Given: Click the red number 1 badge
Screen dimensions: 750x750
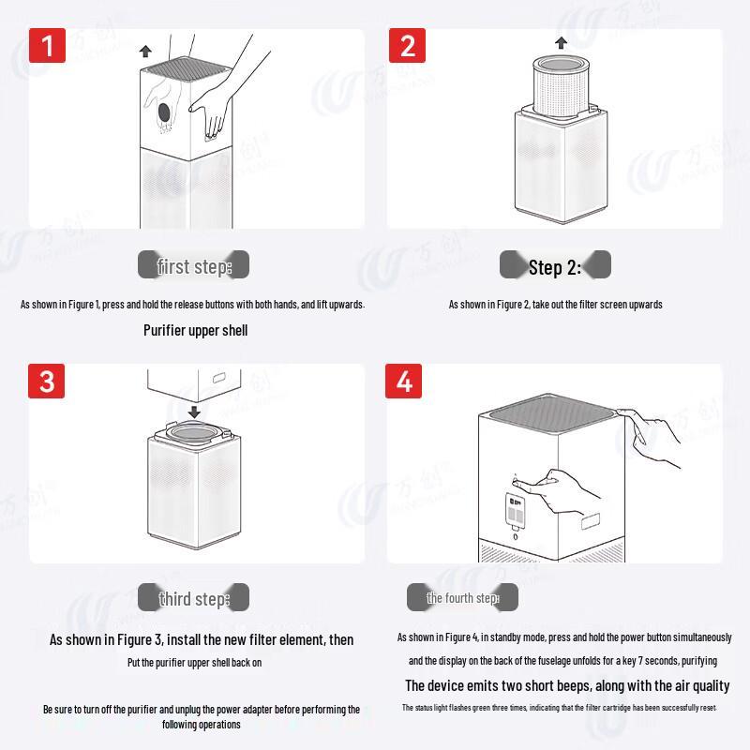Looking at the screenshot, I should [x=48, y=46].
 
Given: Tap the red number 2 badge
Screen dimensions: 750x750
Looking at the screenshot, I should [x=407, y=46].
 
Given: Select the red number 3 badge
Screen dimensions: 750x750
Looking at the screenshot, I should [x=48, y=382].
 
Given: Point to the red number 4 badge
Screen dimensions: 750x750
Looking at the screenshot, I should [x=405, y=382].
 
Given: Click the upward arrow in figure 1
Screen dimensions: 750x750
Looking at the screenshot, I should [x=144, y=51].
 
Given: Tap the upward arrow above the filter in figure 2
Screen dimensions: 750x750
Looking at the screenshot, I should [x=561, y=42].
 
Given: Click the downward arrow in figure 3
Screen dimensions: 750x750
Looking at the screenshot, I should [x=193, y=412].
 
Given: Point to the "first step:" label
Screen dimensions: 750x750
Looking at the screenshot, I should [x=193, y=266].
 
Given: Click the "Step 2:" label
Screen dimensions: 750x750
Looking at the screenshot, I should [x=555, y=268].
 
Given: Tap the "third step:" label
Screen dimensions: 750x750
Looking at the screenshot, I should [x=193, y=599].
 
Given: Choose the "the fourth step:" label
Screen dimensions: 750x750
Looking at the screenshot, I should [x=462, y=598].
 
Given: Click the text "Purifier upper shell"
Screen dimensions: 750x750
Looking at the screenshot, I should [x=195, y=330].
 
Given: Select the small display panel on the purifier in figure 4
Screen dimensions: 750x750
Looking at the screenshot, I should [x=515, y=510].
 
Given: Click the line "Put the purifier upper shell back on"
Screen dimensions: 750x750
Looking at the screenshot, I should [x=194, y=663].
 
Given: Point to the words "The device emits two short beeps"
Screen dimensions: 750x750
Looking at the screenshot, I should [x=486, y=686].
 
